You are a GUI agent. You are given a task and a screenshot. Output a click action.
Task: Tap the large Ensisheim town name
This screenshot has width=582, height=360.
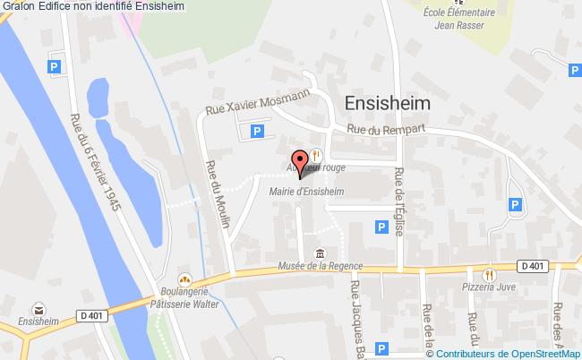tap(387, 103)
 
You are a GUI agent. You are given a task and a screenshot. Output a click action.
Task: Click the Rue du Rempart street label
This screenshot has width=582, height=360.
tap(386, 129)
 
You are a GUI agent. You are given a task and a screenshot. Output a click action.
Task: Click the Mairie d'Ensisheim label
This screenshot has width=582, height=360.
tap(306, 191)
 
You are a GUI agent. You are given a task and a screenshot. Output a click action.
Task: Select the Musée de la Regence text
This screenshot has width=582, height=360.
tap(320, 266)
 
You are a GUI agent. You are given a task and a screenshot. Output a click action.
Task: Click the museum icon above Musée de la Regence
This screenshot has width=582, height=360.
tap(320, 252)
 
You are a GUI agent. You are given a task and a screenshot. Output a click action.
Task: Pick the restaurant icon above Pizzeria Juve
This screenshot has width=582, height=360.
tap(489, 274)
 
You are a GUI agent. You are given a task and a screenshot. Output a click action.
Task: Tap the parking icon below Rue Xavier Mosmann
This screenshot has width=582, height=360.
tap(257, 132)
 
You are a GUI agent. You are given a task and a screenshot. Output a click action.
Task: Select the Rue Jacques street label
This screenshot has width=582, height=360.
tap(357, 313)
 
